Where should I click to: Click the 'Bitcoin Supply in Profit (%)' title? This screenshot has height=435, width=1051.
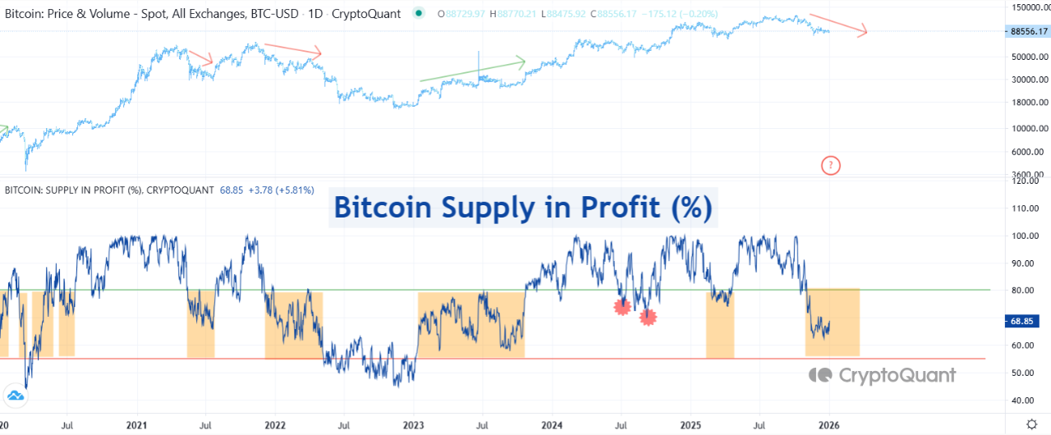(525, 208)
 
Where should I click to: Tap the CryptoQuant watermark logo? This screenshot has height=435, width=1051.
(882, 375)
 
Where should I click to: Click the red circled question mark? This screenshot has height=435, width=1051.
(830, 166)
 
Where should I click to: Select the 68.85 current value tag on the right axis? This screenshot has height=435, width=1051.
(1026, 321)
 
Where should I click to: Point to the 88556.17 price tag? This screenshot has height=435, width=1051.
(1026, 31)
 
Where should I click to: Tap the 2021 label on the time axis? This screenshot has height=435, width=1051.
(136, 426)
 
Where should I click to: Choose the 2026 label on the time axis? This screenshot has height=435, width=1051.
(828, 426)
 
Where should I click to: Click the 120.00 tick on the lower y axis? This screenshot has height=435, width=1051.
(1030, 181)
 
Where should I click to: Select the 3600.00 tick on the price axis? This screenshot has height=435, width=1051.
(1028, 174)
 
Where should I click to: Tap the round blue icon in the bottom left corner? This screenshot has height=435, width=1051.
(16, 396)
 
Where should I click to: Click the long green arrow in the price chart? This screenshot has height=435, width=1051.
(472, 71)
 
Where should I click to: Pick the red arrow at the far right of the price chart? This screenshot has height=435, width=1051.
(838, 25)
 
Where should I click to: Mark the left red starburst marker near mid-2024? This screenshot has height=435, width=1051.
(622, 307)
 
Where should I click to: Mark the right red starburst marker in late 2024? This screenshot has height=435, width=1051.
(648, 316)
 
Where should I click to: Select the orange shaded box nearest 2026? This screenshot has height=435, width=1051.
(832, 323)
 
